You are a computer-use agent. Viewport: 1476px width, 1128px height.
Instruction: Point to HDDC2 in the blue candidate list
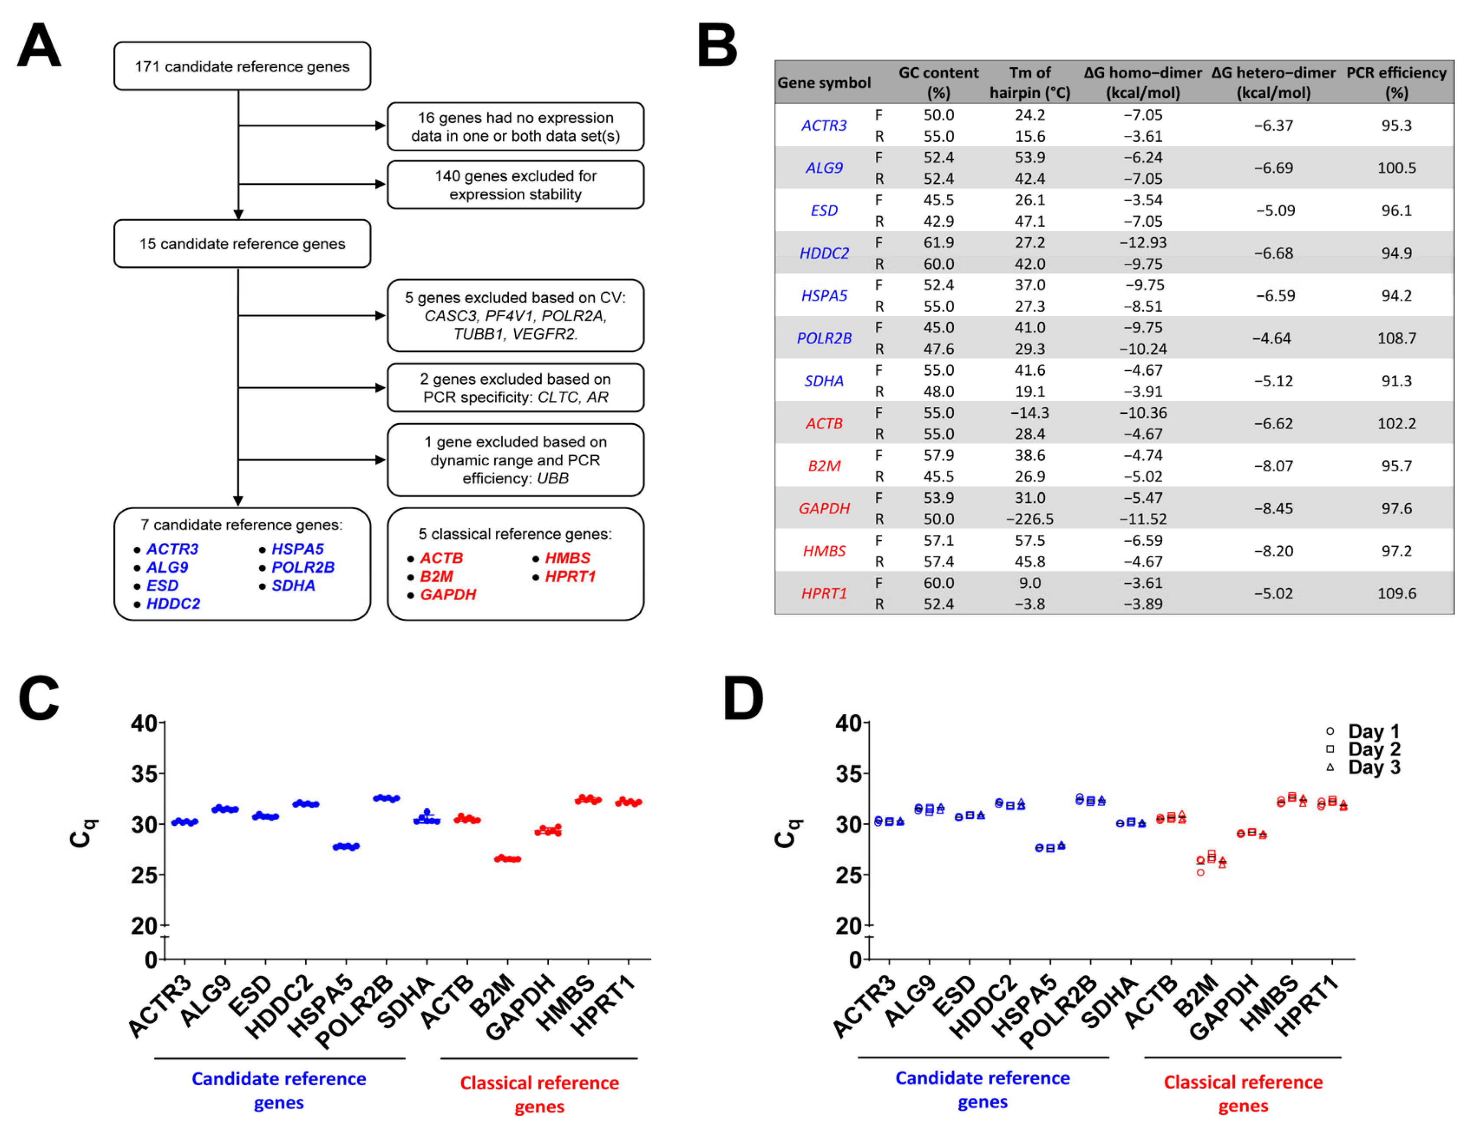tap(173, 604)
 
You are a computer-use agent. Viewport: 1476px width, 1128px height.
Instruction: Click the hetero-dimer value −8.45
tap(1273, 508)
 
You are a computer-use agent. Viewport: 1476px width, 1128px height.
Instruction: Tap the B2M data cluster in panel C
tap(507, 859)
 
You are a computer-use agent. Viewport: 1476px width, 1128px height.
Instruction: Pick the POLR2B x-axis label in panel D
tap(1059, 1010)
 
